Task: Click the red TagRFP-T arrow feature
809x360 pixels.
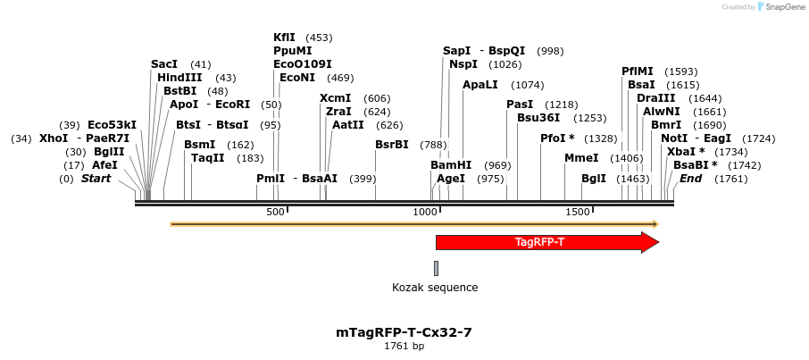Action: (540, 242)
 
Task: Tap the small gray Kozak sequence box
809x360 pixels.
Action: (436, 268)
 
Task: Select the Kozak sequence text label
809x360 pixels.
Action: (435, 288)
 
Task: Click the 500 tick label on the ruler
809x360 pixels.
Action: (275, 212)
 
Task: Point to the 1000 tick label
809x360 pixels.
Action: (424, 212)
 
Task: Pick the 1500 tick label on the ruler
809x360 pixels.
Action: (578, 212)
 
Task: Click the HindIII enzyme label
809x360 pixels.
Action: (179, 78)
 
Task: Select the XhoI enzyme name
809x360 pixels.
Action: (54, 138)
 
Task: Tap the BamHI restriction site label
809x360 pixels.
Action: (451, 165)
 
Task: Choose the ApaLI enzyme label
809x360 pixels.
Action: (480, 85)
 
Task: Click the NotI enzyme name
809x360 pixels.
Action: (674, 138)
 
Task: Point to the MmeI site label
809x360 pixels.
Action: (581, 158)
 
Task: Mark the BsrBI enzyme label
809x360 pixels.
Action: (391, 145)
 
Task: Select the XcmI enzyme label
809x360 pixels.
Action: (335, 98)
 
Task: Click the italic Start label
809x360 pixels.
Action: (96, 179)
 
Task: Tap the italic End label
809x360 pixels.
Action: (690, 179)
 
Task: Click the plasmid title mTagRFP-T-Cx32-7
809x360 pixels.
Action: (404, 332)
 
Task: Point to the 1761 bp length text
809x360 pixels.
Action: (404, 346)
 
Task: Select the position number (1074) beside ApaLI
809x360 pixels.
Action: (527, 85)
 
